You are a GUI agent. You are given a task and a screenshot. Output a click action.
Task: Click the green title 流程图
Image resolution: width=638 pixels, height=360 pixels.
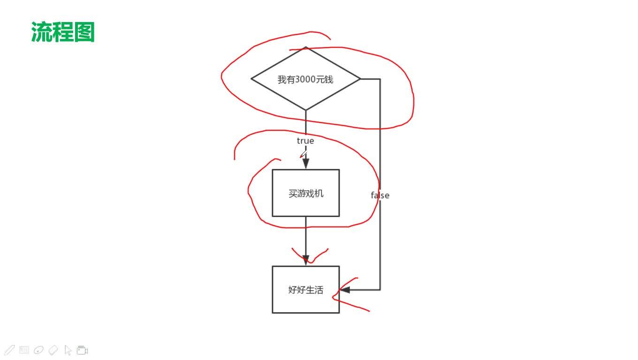coord(63,32)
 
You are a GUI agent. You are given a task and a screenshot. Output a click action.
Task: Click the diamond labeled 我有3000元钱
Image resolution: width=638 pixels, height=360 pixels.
coord(305,79)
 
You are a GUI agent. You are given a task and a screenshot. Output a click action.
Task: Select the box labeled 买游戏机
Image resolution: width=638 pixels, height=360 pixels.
coord(305,193)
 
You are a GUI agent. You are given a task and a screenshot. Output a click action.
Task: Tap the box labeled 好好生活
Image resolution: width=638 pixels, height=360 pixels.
coord(305,290)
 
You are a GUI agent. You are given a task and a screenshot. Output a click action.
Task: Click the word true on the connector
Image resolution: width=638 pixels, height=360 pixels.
coord(305,141)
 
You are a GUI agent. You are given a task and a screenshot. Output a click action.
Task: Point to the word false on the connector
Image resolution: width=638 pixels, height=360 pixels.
coord(380,195)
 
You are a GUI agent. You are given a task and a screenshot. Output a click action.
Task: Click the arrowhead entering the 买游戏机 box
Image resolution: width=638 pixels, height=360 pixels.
coord(305,163)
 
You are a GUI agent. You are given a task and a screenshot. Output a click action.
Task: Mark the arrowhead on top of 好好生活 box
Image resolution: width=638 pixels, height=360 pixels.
coord(305,260)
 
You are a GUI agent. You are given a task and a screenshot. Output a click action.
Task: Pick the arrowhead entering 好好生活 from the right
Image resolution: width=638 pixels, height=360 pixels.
coord(345,290)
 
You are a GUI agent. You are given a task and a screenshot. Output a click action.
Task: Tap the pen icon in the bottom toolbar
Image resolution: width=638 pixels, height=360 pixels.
coord(9,350)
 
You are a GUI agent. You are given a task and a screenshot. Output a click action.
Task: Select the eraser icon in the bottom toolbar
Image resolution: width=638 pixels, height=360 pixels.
coord(53,350)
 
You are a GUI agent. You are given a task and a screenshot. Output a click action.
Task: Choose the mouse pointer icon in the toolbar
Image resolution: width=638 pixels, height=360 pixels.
coord(68,350)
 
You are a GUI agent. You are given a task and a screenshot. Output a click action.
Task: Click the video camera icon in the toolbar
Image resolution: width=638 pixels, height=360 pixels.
coord(83,350)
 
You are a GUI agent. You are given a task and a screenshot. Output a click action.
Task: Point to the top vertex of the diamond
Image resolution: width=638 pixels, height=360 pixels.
coord(305,47)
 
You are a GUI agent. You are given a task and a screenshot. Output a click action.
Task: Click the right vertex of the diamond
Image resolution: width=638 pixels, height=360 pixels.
coord(360,79)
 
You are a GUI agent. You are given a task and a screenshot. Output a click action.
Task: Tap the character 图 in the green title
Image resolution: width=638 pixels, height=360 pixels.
coord(84,32)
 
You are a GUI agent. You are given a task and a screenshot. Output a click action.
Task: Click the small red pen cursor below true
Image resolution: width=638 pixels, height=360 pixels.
coord(303,155)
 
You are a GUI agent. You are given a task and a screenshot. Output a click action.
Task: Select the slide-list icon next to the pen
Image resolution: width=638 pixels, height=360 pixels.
coord(24,350)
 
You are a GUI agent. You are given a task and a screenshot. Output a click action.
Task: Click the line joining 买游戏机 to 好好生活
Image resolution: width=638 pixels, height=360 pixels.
coord(305,234)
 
